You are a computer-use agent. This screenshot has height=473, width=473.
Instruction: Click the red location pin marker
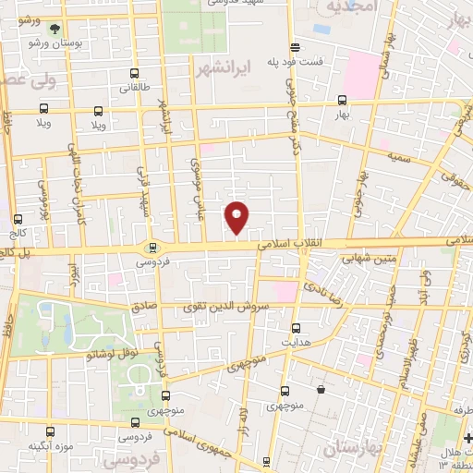tap(236, 216)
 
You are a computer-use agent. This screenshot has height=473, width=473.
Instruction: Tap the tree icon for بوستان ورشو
tap(55, 29)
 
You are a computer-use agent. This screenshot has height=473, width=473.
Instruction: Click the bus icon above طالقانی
tap(135, 73)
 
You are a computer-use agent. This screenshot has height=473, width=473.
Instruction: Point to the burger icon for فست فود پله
tap(295, 46)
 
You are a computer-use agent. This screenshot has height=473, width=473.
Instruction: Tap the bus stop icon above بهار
tap(342, 101)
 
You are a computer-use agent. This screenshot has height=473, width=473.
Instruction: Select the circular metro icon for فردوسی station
tap(152, 247)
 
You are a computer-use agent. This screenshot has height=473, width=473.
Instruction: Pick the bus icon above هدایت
tap(297, 327)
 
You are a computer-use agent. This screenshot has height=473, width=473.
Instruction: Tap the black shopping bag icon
tap(320, 390)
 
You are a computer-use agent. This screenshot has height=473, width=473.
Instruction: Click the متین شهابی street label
tap(369, 259)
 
